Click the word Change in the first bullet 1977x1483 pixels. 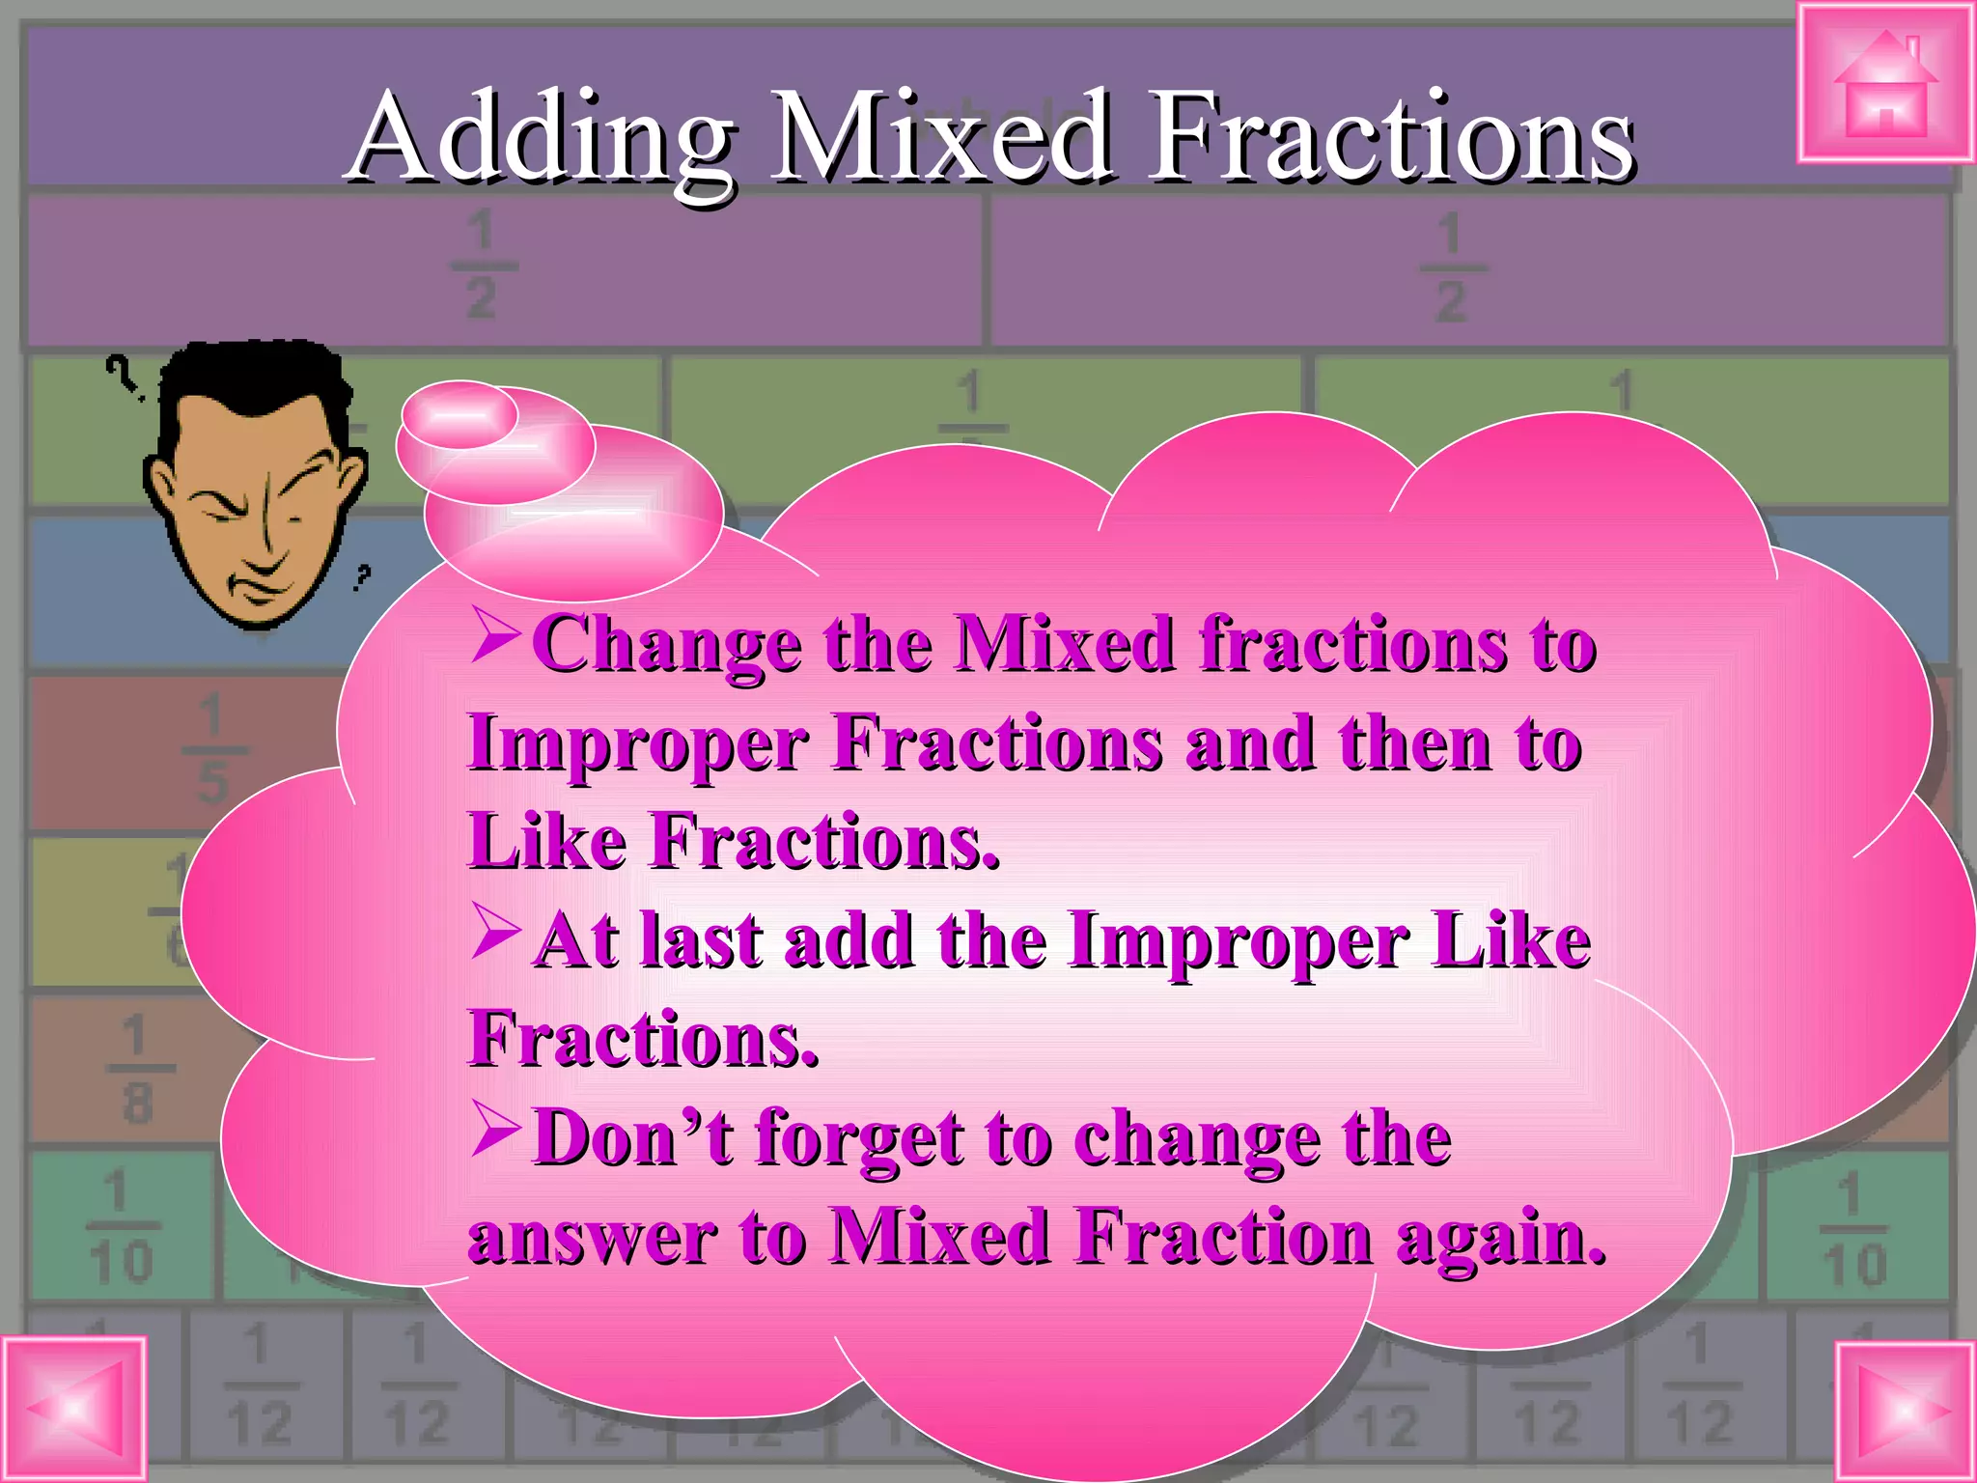[666, 645]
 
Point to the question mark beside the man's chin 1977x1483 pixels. [362, 577]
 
